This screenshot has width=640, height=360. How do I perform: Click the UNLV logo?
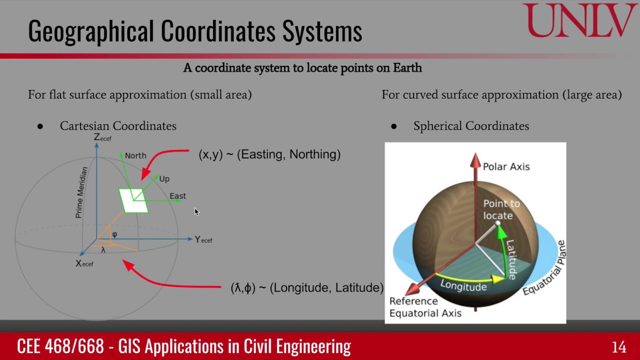[x=580, y=21]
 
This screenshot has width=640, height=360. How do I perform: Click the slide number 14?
[x=618, y=347]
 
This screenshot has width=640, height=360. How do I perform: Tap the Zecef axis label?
[x=102, y=137]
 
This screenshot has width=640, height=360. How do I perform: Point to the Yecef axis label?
[x=203, y=240]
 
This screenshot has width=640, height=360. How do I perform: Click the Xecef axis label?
[x=84, y=263]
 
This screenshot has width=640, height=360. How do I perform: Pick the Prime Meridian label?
[x=81, y=192]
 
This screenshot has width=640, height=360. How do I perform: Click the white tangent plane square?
[x=133, y=200]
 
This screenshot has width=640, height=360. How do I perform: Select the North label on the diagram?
[x=135, y=155]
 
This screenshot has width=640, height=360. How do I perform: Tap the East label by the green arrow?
[x=177, y=196]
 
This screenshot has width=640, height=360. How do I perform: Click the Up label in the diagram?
[x=164, y=179]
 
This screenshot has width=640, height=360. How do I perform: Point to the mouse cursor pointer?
[x=196, y=212]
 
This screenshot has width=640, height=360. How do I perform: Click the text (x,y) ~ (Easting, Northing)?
[x=269, y=154]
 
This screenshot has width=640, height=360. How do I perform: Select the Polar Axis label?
[x=506, y=166]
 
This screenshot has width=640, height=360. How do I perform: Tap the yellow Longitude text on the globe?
[x=463, y=286]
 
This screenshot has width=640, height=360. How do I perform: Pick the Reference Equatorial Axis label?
[x=425, y=307]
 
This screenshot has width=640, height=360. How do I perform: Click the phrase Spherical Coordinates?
[x=471, y=126]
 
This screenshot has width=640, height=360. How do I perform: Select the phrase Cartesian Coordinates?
[x=118, y=126]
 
